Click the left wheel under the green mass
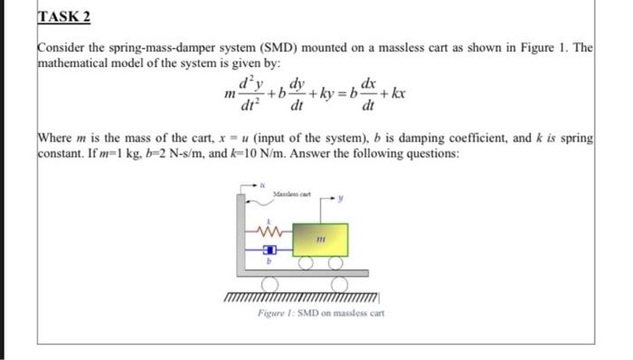[x=307, y=263]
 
